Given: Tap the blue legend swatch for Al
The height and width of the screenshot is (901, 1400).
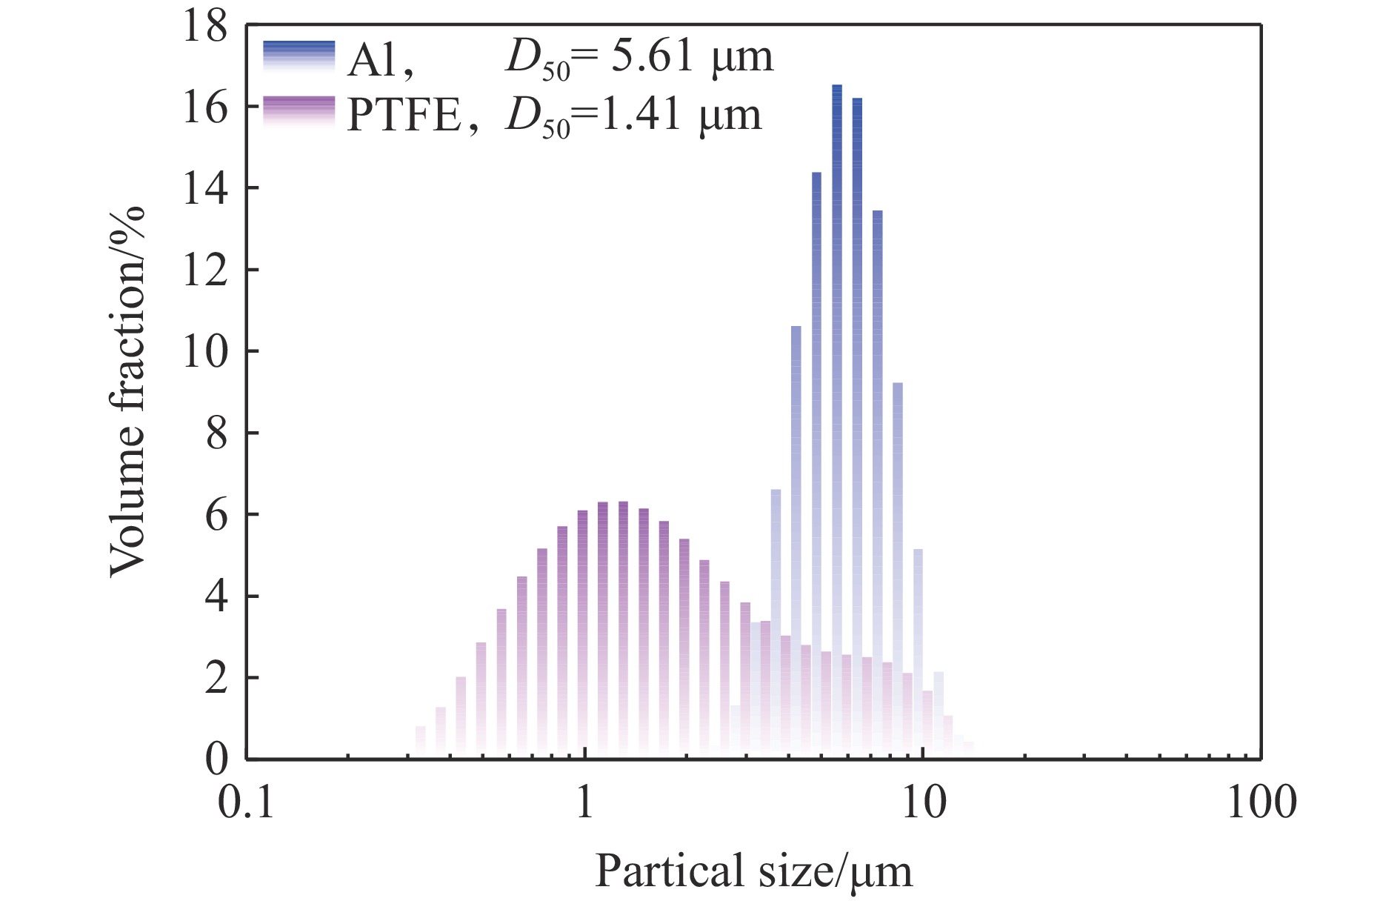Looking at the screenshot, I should point(299,56).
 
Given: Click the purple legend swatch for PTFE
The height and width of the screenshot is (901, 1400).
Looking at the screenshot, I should point(299,112).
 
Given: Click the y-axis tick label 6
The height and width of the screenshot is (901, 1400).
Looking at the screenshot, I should point(216,514).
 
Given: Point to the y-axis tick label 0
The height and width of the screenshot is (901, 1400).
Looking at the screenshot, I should point(216,759).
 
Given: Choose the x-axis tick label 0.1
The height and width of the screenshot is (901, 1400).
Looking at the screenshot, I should point(246,802).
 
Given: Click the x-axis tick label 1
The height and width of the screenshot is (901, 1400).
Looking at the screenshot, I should point(585,802).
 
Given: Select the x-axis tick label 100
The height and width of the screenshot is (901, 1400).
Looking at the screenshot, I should point(1261,802).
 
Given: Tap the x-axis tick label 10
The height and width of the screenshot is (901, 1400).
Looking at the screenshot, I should point(923,802).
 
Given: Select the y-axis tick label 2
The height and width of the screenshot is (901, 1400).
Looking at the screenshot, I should point(216,677).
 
